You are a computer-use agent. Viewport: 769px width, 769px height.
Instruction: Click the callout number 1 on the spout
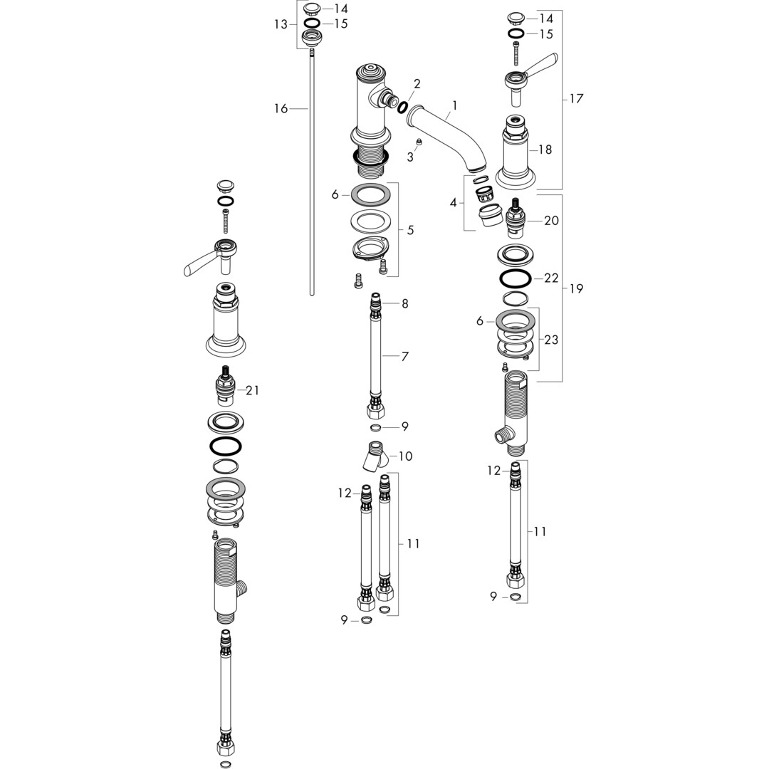[x=454, y=105]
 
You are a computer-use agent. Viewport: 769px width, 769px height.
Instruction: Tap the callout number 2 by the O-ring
[x=417, y=84]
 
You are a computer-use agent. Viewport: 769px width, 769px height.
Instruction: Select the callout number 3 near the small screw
[x=410, y=157]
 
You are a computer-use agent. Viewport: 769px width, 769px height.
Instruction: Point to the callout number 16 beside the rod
[x=281, y=108]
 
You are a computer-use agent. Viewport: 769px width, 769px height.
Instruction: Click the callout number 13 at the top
[x=281, y=24]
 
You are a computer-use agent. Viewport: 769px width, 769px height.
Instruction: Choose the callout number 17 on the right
[x=576, y=98]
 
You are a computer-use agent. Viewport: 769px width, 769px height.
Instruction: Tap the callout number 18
[x=545, y=150]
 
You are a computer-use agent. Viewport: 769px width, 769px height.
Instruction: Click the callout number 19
[x=576, y=288]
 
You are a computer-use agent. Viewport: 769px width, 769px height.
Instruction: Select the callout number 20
[x=551, y=221]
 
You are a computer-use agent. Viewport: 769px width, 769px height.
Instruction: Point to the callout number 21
[x=252, y=390]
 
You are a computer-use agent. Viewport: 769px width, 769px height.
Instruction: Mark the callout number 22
[x=551, y=278]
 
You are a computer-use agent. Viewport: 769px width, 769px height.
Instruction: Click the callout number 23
[x=551, y=340]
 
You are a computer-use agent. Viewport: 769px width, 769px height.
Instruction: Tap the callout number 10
[x=405, y=456]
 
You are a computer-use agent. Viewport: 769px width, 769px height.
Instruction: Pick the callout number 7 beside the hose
[x=404, y=356]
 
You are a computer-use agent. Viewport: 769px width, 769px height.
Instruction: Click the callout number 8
[x=404, y=303]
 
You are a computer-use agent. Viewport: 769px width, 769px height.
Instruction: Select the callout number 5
[x=411, y=229]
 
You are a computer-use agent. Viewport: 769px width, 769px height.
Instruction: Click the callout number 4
[x=453, y=202]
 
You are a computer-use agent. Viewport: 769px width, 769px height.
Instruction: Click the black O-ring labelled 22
[x=515, y=278]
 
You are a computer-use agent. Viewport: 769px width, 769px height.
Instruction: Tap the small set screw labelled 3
[x=419, y=142]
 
